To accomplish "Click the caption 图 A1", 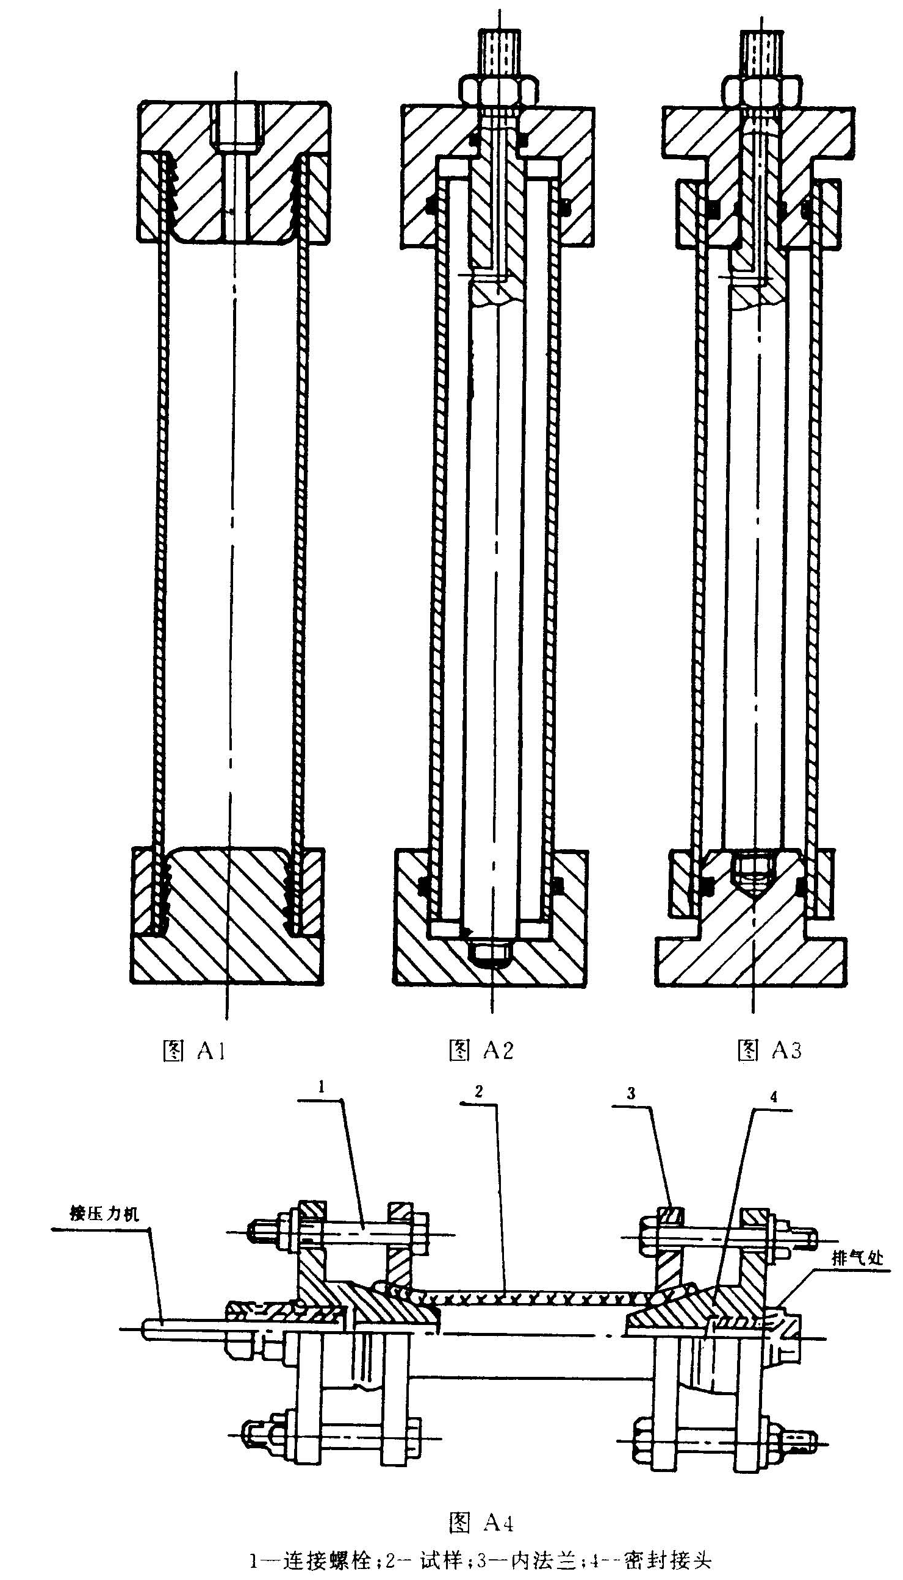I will click(193, 1050).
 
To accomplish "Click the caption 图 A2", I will click(481, 1050).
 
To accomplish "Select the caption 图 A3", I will click(769, 1050).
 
